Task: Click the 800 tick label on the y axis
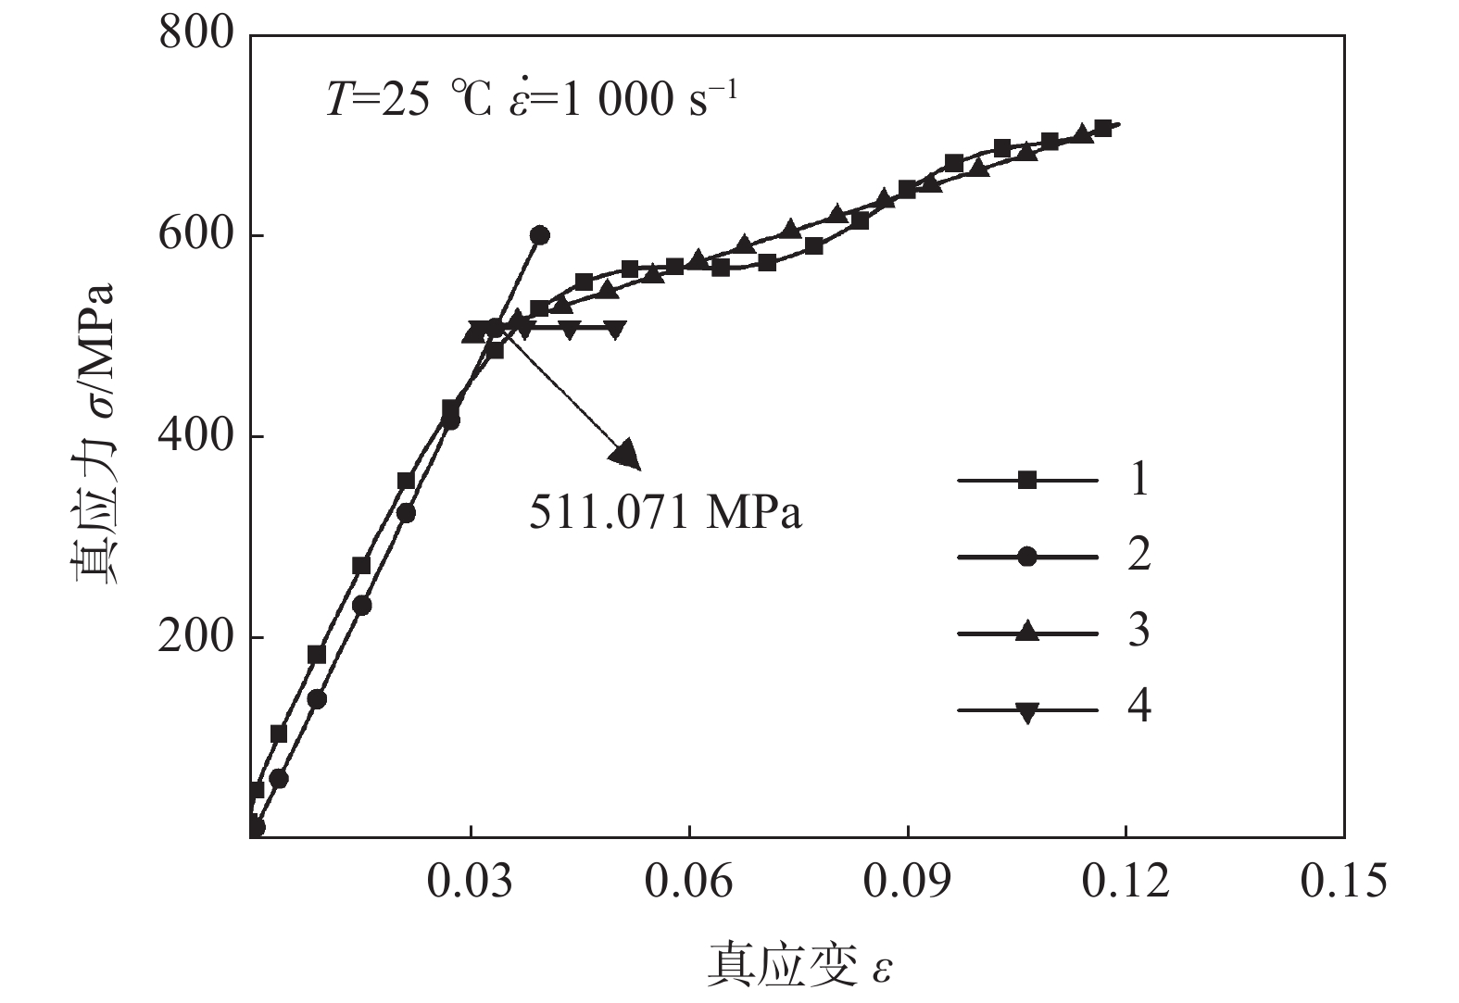(196, 34)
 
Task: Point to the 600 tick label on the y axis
(196, 235)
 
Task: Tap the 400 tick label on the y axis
(196, 436)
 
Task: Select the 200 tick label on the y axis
(196, 637)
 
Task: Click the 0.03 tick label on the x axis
(471, 881)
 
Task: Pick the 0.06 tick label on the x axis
(689, 881)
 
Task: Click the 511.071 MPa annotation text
(665, 512)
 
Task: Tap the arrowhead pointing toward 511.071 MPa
(626, 452)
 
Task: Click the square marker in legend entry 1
(1026, 480)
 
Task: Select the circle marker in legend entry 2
(1026, 557)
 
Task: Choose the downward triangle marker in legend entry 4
(1026, 711)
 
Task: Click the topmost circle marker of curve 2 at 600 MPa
(540, 235)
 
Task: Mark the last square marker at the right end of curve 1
(1102, 129)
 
